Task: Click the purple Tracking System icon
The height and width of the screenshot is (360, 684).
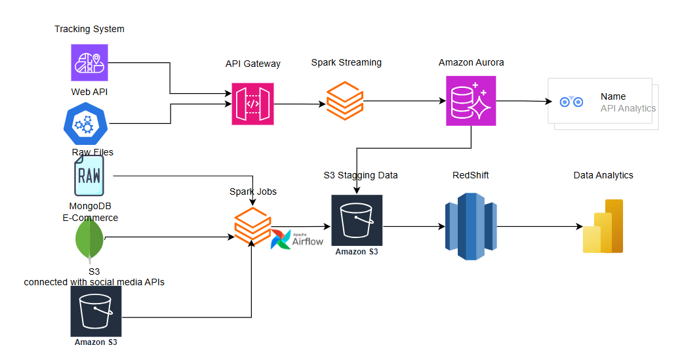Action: [x=89, y=62]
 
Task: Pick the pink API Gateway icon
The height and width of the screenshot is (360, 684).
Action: [x=252, y=104]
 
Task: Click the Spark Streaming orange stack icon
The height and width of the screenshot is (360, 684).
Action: [x=344, y=100]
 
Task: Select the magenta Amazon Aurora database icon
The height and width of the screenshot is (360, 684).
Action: [x=471, y=100]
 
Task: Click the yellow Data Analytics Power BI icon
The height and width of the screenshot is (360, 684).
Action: [x=603, y=227]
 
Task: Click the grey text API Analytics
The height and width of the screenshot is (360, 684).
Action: [x=628, y=108]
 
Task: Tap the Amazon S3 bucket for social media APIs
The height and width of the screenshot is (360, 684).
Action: [x=96, y=311]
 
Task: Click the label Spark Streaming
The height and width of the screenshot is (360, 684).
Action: [x=346, y=62]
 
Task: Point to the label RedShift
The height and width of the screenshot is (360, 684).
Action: [x=470, y=175]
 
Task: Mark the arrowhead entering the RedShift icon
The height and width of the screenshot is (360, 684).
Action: [x=441, y=227]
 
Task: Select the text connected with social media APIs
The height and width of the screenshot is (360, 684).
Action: [x=94, y=282]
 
